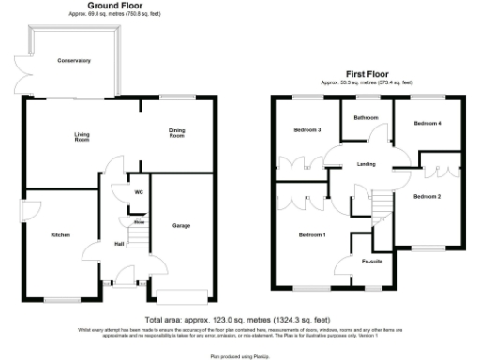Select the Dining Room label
177,133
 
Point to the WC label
138,192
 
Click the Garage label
182,226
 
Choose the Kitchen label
61,235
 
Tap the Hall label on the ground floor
119,244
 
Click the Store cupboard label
138,222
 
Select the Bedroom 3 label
307,129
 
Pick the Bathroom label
366,118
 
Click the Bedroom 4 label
427,123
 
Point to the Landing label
367,165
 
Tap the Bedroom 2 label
427,196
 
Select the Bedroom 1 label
311,234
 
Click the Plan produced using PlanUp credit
239,356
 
